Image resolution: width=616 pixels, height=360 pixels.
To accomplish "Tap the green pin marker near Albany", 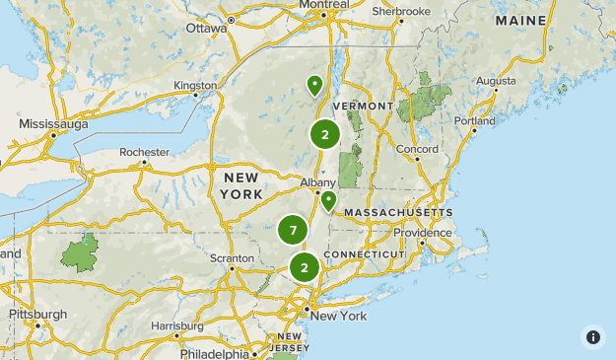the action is pos(328,201).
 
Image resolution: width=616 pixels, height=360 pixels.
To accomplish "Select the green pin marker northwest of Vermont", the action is pos(314,86).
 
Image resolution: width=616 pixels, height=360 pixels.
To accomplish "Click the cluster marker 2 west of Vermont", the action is pos(325,135).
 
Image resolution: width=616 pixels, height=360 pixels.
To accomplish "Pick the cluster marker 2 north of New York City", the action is pos(305,267).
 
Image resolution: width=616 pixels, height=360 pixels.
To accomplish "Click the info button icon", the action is pos(592,336).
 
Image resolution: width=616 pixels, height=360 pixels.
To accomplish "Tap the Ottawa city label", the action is pos(206,28).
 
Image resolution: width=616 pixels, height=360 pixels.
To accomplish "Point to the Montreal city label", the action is pos(324,5).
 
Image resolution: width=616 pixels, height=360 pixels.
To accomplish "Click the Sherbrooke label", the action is pos(401,11).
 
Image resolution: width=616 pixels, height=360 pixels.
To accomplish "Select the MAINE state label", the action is pos(522,20).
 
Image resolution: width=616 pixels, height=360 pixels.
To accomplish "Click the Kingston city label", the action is pos(195,86).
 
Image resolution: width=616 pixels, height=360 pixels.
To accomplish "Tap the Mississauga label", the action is pos(54,124).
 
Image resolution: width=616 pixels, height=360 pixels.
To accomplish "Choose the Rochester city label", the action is pos(144,153).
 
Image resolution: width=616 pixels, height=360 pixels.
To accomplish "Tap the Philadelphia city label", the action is pos(214,353).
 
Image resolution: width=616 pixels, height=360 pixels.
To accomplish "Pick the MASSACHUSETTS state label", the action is pos(398,212).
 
